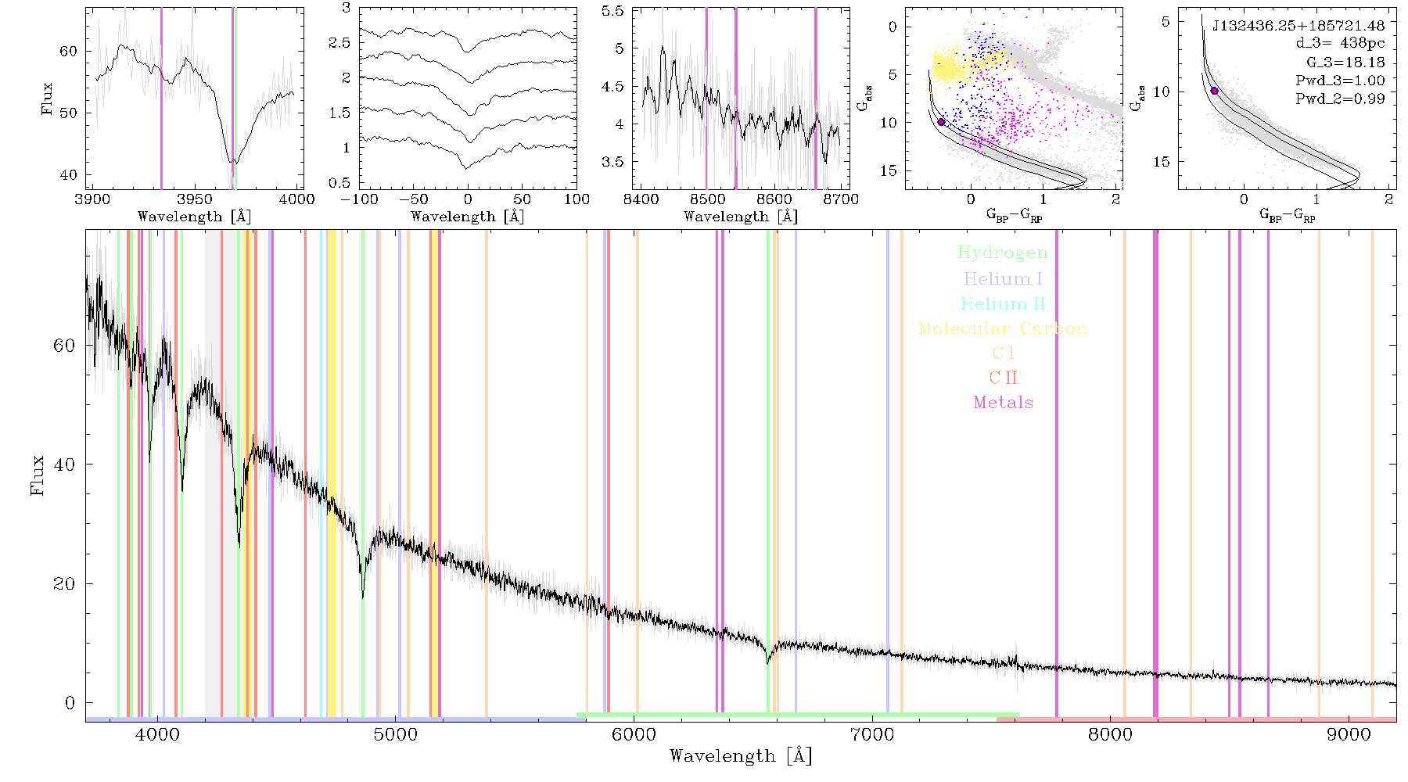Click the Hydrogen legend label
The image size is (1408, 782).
tap(1003, 253)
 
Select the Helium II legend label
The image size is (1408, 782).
tap(1003, 303)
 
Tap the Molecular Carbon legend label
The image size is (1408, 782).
tap(1003, 328)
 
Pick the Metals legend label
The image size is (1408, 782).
tap(1004, 403)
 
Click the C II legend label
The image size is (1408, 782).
tap(1004, 378)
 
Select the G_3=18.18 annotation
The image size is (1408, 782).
tap(1345, 63)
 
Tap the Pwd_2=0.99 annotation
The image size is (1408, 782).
tap(1340, 99)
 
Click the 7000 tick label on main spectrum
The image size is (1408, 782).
tap(871, 734)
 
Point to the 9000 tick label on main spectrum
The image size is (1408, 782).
tap(1348, 734)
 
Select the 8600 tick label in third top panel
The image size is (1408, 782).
tap(774, 199)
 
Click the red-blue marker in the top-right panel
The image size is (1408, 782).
tap(1215, 91)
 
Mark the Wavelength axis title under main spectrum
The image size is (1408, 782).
tap(741, 756)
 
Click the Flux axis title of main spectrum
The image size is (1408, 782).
tap(37, 475)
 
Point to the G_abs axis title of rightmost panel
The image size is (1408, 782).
tap(1139, 97)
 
